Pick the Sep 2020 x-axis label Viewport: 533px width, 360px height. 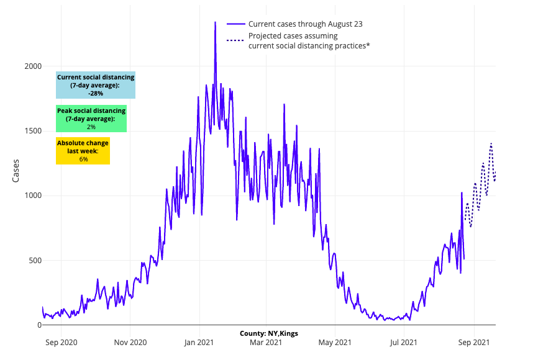(61, 341)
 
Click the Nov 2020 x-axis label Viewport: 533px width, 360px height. (130, 341)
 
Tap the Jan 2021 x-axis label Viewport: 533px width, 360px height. (199, 341)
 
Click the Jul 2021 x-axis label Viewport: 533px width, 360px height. (403, 341)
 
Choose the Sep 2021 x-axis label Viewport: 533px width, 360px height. (473, 341)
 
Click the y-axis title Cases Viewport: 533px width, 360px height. (17, 171)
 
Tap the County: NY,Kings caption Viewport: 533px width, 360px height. (269, 333)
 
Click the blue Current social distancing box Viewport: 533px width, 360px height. (96, 85)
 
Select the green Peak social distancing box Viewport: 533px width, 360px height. (91, 119)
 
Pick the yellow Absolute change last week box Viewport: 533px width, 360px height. (83, 151)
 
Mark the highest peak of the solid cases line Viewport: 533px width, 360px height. (215, 22)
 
